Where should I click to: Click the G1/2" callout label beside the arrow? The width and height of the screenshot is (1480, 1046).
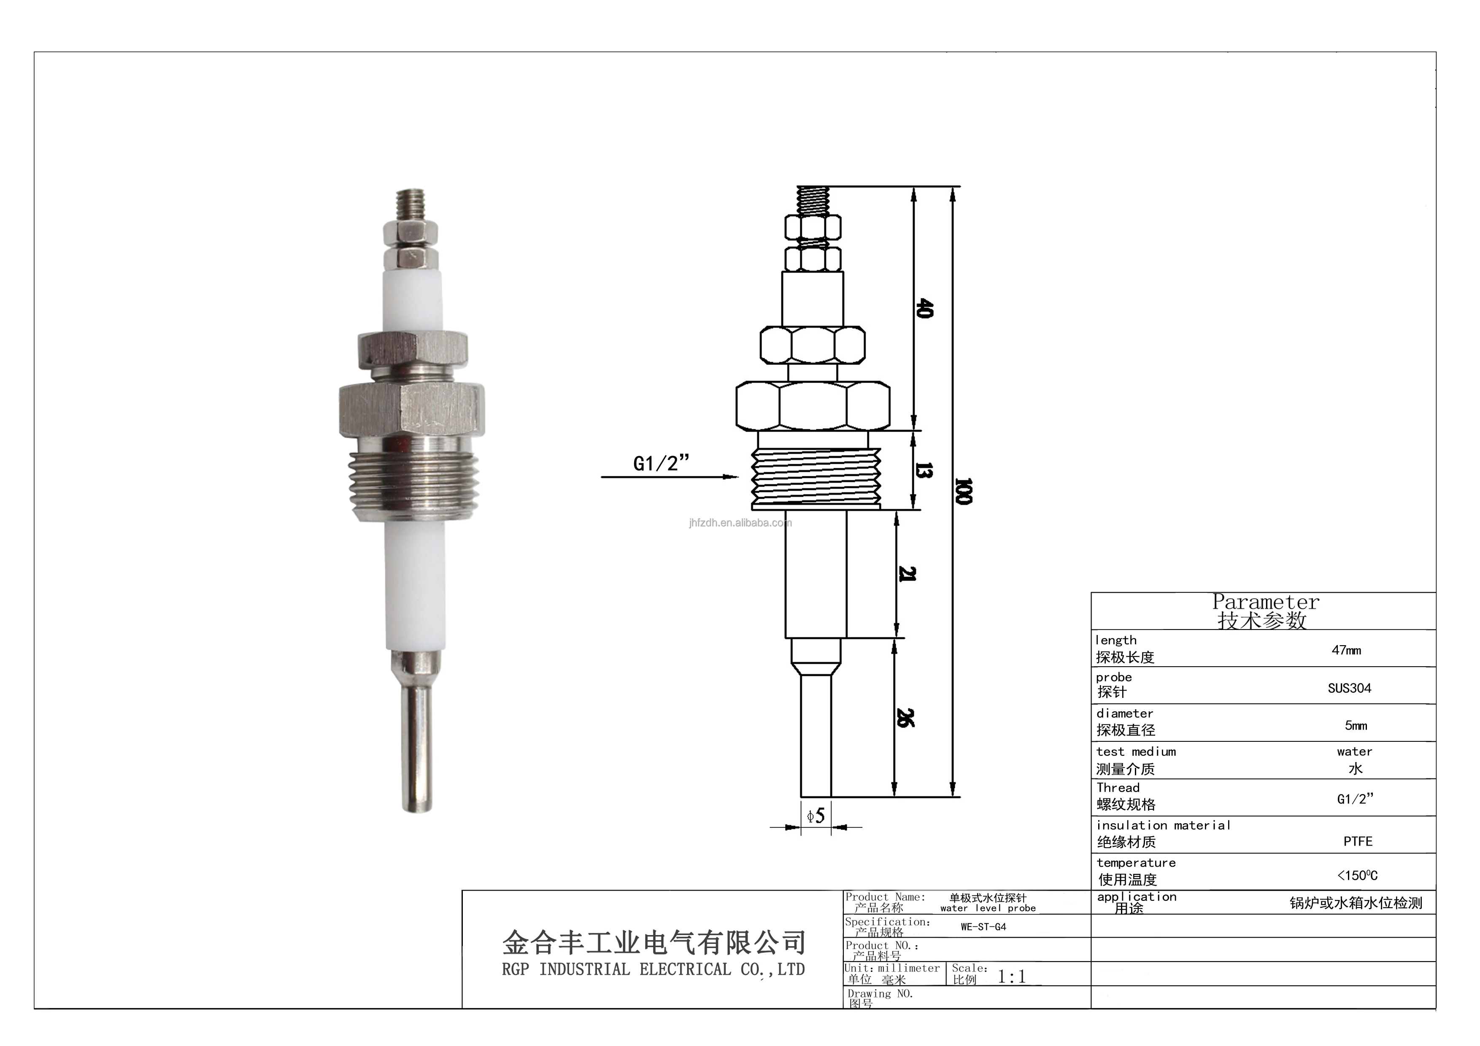coord(661,463)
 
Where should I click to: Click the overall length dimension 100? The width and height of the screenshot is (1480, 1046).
coord(962,491)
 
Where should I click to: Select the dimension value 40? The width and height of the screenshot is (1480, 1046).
coord(924,308)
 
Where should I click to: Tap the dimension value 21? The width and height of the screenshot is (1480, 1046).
coord(906,573)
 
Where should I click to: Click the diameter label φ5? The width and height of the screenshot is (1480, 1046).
coord(816,816)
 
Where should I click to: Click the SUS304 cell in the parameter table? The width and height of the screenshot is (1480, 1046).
coord(1349,688)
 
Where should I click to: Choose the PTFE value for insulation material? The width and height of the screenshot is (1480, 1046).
coord(1358,841)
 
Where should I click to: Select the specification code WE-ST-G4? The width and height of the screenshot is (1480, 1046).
coord(983,927)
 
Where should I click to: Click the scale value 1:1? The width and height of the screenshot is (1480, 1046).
coord(1011,977)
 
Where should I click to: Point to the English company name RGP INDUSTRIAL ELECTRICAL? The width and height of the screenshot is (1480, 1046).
coord(652,969)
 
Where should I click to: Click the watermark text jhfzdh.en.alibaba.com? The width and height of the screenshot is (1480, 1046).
coord(740,523)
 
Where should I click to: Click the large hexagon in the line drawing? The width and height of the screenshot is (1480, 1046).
coord(813,406)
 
